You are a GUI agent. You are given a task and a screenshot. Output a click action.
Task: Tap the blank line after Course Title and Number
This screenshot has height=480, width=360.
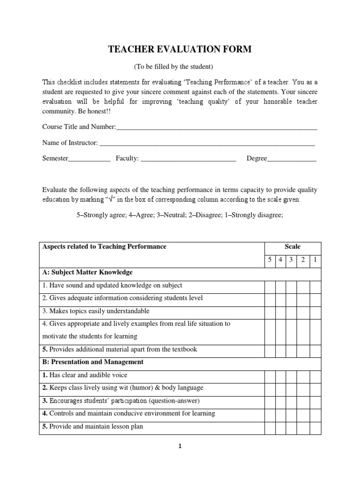[x=217, y=127]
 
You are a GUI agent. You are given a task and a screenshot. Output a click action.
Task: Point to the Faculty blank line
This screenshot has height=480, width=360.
[x=188, y=159]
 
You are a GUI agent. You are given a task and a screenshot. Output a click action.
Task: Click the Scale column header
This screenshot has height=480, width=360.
[x=292, y=247]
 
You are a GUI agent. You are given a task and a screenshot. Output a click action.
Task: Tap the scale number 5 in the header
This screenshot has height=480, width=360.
[x=270, y=260]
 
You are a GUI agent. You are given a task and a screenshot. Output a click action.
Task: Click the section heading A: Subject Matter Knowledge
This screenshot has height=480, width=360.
[x=88, y=272]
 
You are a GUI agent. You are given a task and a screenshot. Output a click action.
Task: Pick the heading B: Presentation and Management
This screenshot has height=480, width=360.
[x=93, y=362]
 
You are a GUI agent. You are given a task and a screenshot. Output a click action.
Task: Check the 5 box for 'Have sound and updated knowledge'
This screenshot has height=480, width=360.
[x=270, y=285]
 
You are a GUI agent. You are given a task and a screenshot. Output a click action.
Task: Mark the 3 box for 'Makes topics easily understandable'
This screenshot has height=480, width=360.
[x=291, y=311]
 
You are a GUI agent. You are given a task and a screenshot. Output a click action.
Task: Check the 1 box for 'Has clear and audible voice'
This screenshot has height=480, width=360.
[x=315, y=375]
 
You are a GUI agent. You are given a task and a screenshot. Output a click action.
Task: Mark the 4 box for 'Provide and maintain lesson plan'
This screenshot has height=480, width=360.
[x=280, y=427]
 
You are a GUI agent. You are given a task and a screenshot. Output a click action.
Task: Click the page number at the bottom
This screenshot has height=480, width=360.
[x=180, y=446]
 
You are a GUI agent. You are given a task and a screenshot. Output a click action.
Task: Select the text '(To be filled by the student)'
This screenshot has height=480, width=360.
[x=180, y=67]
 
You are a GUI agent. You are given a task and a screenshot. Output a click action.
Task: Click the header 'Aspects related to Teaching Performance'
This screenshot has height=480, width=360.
[x=105, y=247]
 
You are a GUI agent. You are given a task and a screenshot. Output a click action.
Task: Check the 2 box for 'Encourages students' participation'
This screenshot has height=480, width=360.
[x=303, y=401]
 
